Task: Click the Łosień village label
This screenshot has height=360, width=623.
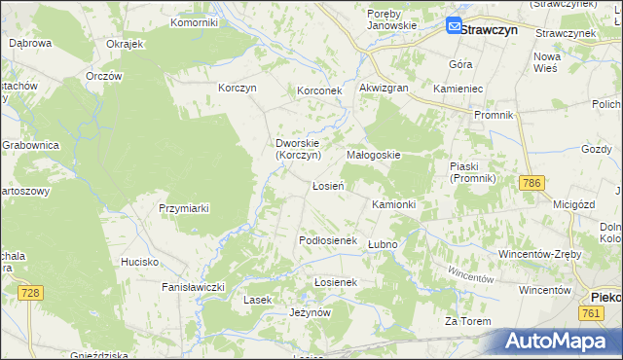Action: (x=327, y=185)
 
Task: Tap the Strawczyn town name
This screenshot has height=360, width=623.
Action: (x=489, y=30)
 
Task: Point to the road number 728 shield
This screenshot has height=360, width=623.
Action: (x=31, y=293)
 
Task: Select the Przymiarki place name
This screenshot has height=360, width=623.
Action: (x=185, y=208)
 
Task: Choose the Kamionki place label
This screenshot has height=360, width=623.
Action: (x=394, y=205)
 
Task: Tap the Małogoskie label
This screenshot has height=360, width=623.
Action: (x=374, y=155)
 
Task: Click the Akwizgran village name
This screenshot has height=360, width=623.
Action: (x=383, y=88)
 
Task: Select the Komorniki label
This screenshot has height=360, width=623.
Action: (x=194, y=21)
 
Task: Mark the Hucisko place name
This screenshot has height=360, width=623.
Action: (x=139, y=262)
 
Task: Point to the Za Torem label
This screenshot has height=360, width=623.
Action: (x=465, y=322)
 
